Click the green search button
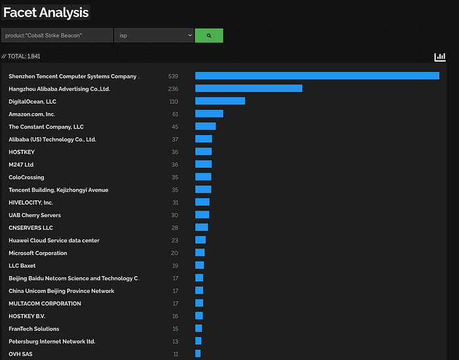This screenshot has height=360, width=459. pyautogui.click(x=209, y=35)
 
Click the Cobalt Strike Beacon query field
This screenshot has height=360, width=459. pyautogui.click(x=57, y=35)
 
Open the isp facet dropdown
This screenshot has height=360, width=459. pyautogui.click(x=154, y=35)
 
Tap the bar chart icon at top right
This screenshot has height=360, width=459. pyautogui.click(x=440, y=57)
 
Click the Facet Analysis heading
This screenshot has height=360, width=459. pyautogui.click(x=46, y=12)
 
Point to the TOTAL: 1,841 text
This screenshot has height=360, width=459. pyautogui.click(x=21, y=56)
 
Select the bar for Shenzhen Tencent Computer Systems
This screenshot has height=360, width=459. pyautogui.click(x=317, y=76)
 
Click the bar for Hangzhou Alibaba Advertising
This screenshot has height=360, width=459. pyautogui.click(x=249, y=89)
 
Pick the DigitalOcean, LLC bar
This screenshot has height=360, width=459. pyautogui.click(x=220, y=101)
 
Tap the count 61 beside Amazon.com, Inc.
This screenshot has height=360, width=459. pyautogui.click(x=175, y=114)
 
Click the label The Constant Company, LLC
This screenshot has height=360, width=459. pyautogui.click(x=46, y=127)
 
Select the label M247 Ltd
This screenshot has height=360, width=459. pyautogui.click(x=21, y=165)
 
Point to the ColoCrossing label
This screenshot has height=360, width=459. pyautogui.click(x=26, y=177)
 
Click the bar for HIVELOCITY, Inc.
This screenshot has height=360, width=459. pyautogui.click(x=202, y=202)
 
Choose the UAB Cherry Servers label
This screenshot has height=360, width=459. pyautogui.click(x=35, y=215)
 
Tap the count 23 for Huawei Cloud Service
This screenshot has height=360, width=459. pyautogui.click(x=175, y=240)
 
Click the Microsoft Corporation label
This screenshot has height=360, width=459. pyautogui.click(x=38, y=253)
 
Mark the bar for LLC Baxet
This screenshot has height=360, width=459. pyautogui.click(x=199, y=265)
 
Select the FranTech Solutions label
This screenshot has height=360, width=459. pyautogui.click(x=33, y=329)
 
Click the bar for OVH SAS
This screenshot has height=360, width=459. pyautogui.click(x=198, y=353)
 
